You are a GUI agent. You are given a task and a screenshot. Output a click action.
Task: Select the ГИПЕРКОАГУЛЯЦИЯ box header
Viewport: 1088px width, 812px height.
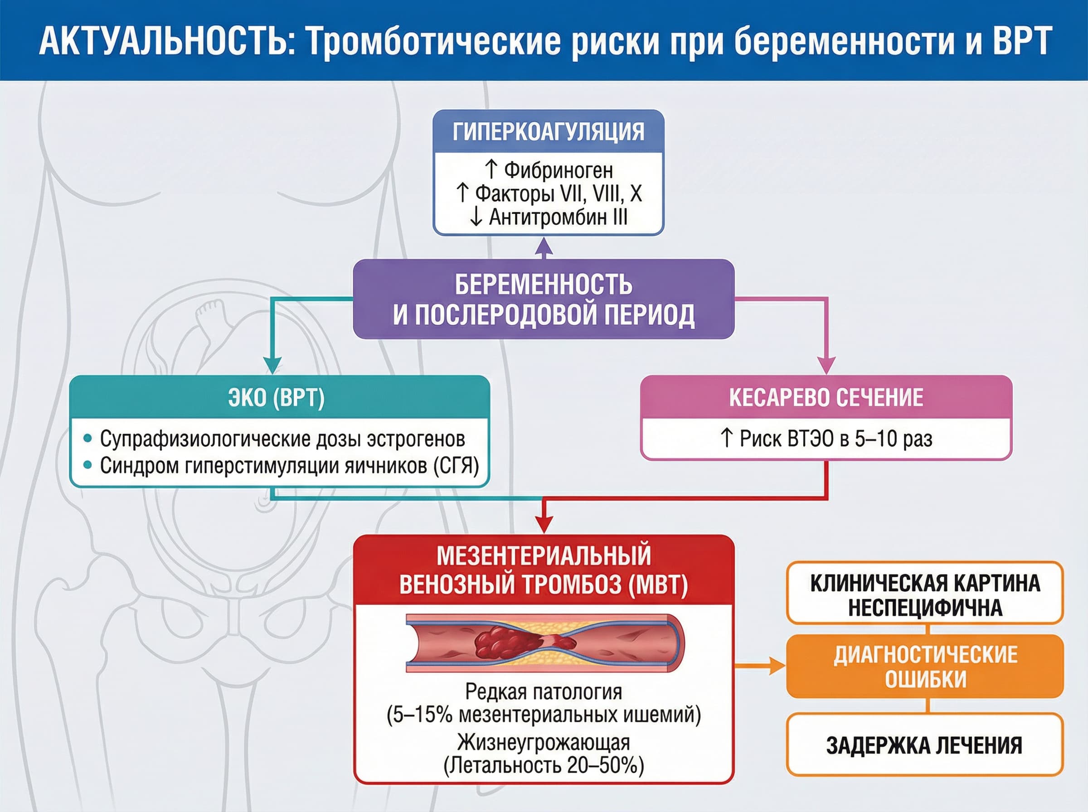click(x=548, y=132)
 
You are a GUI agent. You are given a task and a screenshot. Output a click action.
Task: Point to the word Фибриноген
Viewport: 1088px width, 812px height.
click(x=559, y=170)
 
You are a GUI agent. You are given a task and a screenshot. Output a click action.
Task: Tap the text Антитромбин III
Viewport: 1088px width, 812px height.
click(x=558, y=217)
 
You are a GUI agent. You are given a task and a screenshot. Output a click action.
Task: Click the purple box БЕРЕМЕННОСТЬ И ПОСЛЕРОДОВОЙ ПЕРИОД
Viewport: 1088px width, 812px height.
click(x=544, y=299)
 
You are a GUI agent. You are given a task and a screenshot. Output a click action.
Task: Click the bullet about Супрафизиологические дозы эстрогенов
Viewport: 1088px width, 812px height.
click(x=282, y=439)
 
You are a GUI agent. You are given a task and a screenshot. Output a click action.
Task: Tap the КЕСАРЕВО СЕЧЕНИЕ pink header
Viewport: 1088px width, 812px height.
click(x=826, y=398)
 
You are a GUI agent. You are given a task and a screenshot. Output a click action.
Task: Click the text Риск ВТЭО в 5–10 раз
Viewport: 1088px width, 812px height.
click(x=836, y=439)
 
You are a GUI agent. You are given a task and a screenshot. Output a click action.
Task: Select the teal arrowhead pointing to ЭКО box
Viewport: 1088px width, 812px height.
click(x=272, y=365)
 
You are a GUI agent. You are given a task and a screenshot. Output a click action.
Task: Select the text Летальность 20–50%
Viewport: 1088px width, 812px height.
click(x=544, y=765)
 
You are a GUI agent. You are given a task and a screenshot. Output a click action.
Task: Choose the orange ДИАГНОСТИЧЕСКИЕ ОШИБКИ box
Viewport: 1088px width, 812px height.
click(x=925, y=666)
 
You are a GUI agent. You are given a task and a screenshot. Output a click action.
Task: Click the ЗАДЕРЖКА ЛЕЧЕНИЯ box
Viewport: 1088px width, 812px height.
click(x=925, y=745)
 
